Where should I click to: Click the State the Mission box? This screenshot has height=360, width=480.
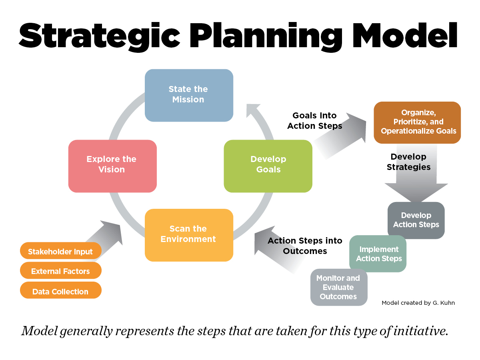point(189,95)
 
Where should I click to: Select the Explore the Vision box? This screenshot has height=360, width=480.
point(112,166)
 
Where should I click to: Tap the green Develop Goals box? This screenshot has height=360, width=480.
point(268,166)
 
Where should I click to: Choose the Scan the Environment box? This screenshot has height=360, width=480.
point(189,235)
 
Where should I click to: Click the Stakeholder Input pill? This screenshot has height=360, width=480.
point(60,250)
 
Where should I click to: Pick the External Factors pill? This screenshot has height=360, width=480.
point(60,270)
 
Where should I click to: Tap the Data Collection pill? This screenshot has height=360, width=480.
point(60,290)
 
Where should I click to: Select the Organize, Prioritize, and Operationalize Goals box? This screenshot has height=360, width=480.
point(417,122)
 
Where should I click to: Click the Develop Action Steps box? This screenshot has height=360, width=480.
point(416,220)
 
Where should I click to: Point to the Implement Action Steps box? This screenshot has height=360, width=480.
point(378,254)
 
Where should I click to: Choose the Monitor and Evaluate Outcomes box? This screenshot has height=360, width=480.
point(339,287)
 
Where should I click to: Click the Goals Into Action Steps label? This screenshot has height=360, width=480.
point(314,121)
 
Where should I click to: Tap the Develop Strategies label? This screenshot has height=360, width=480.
point(408,162)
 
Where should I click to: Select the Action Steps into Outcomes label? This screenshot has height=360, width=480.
point(305,246)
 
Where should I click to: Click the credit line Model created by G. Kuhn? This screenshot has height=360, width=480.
point(418,303)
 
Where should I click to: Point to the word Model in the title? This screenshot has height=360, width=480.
point(404,35)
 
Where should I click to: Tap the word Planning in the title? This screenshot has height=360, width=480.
point(266,36)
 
